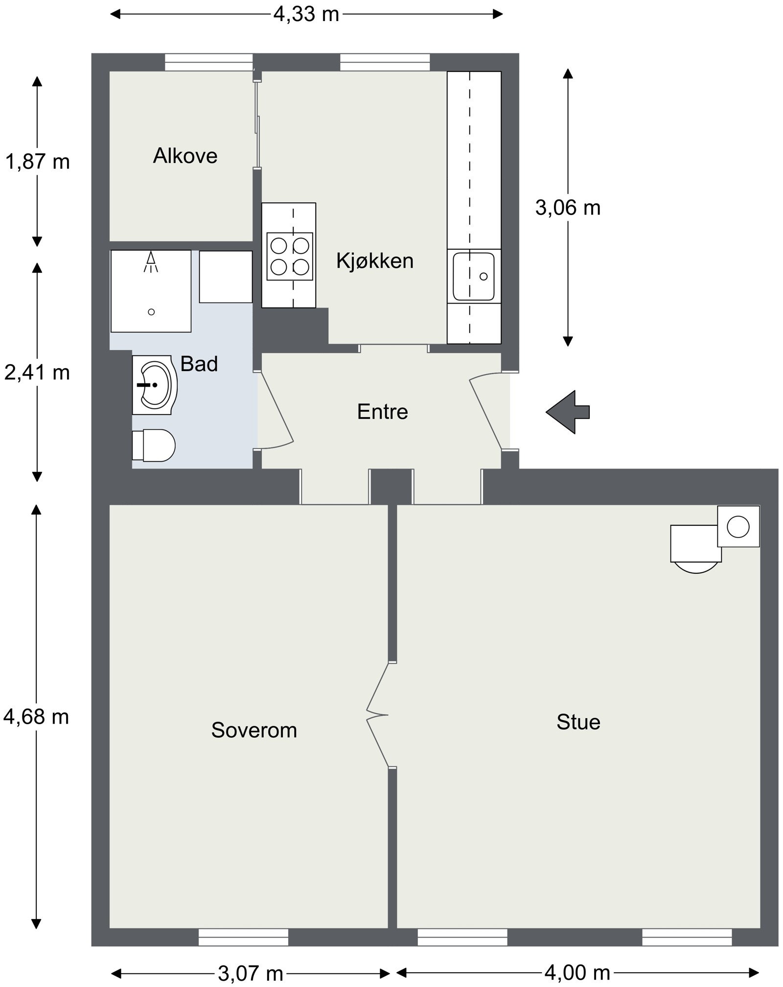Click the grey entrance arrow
(568, 412)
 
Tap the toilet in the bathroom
(154, 446)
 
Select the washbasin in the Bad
(155, 385)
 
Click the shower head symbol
(151, 261)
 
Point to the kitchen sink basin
(473, 276)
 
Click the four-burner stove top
(290, 256)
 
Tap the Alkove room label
(185, 156)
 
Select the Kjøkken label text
(375, 260)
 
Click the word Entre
(383, 412)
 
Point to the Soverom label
(254, 730)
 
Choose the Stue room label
(578, 722)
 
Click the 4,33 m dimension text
(306, 14)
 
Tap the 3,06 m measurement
(568, 208)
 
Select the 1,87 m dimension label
(37, 162)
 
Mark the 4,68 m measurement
(36, 717)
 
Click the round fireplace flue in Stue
(738, 527)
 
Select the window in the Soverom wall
(243, 938)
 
